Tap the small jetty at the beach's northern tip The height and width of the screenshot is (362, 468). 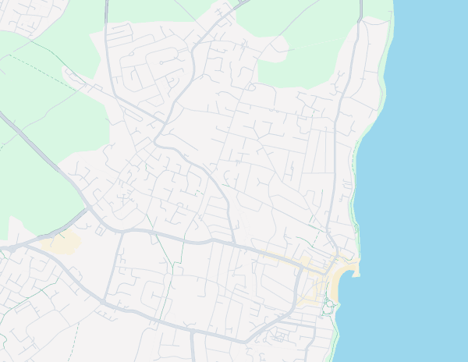tap(356, 273)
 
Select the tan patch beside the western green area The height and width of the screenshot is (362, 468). tap(62, 243)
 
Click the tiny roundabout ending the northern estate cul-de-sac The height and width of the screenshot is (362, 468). tap(161, 62)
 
